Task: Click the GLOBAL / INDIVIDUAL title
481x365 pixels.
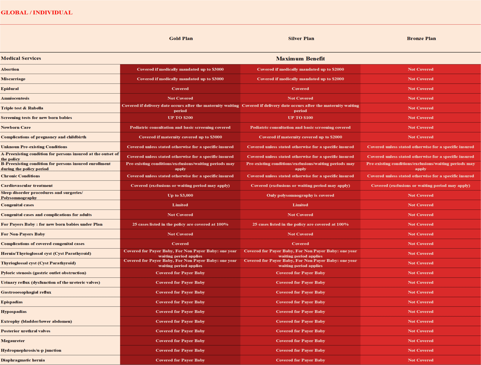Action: pyautogui.click(x=36, y=13)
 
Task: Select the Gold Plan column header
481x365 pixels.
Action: pyautogui.click(x=181, y=39)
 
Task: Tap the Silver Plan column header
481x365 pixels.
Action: pyautogui.click(x=301, y=39)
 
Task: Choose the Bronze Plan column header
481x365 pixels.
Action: pyautogui.click(x=421, y=39)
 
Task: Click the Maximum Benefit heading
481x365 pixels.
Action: pyautogui.click(x=300, y=59)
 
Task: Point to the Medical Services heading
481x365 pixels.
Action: pyautogui.click(x=21, y=58)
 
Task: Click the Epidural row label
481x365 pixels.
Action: pyautogui.click(x=10, y=89)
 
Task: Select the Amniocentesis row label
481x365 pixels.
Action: pyautogui.click(x=15, y=98)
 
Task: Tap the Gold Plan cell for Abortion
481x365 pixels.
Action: pyautogui.click(x=180, y=69)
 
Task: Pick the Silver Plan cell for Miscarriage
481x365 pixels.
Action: pyautogui.click(x=300, y=79)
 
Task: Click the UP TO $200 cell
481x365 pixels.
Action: pyautogui.click(x=180, y=118)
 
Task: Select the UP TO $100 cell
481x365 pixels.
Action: pyautogui.click(x=300, y=118)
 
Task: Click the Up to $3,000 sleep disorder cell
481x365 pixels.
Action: pyautogui.click(x=180, y=195)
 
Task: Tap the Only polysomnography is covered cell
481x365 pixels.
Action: pyautogui.click(x=300, y=195)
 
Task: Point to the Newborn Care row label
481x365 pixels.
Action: pyautogui.click(x=16, y=128)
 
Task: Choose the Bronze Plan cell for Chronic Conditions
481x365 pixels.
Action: pyautogui.click(x=420, y=176)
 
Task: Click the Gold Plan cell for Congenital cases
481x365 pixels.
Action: pyautogui.click(x=180, y=205)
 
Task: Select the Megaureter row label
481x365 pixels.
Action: pyautogui.click(x=13, y=341)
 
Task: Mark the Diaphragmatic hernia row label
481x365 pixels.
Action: pyautogui.click(x=23, y=360)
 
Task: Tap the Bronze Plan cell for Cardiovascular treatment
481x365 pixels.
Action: pyautogui.click(x=420, y=186)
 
